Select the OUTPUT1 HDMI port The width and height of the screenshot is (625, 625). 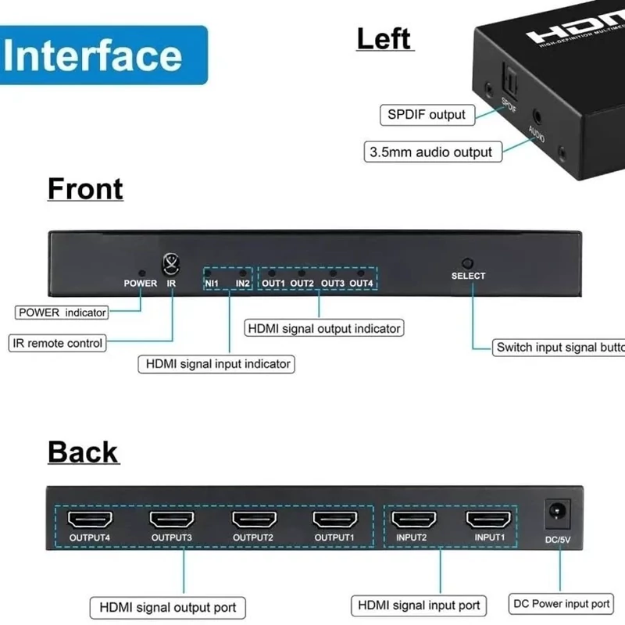pos(334,519)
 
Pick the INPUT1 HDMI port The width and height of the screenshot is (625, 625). pos(488,519)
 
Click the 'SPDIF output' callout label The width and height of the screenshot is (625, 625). pos(427,115)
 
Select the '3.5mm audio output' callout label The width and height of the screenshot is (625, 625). pos(432,152)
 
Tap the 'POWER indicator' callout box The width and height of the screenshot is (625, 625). pos(62,312)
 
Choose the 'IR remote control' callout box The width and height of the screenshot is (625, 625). pos(58,343)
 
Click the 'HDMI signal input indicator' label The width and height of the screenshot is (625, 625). pos(218,363)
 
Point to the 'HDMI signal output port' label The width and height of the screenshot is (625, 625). pos(168,607)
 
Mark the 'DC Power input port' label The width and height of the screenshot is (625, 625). pos(560,603)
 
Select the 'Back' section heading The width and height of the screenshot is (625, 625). pos(83,452)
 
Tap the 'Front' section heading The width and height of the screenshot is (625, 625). pos(85,189)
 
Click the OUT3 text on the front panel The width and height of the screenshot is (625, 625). pos(332,283)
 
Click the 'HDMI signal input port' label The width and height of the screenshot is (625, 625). pos(419,605)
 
